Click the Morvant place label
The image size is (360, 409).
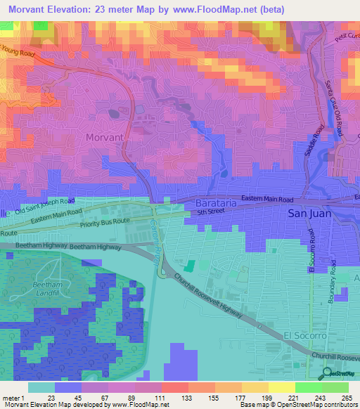coord(104,137)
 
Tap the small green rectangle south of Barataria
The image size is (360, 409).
coord(190,266)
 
